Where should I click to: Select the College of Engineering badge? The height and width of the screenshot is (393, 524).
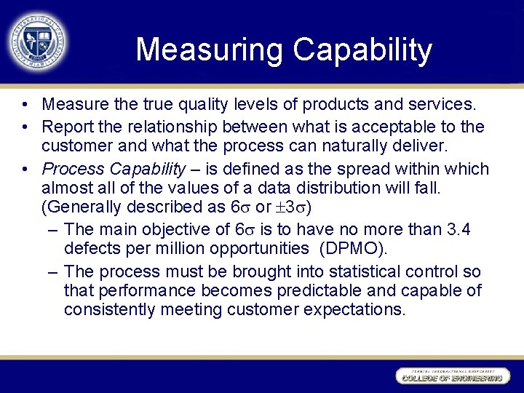(x=450, y=376)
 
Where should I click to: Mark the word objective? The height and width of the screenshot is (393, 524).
(x=189, y=229)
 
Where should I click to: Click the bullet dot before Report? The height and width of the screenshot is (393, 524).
(x=25, y=127)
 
